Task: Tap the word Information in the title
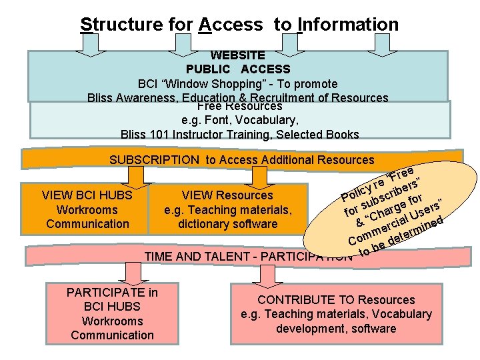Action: (x=348, y=25)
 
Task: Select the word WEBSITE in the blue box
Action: (x=238, y=55)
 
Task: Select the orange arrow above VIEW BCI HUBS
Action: (x=136, y=175)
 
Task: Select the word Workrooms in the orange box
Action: (x=87, y=210)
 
